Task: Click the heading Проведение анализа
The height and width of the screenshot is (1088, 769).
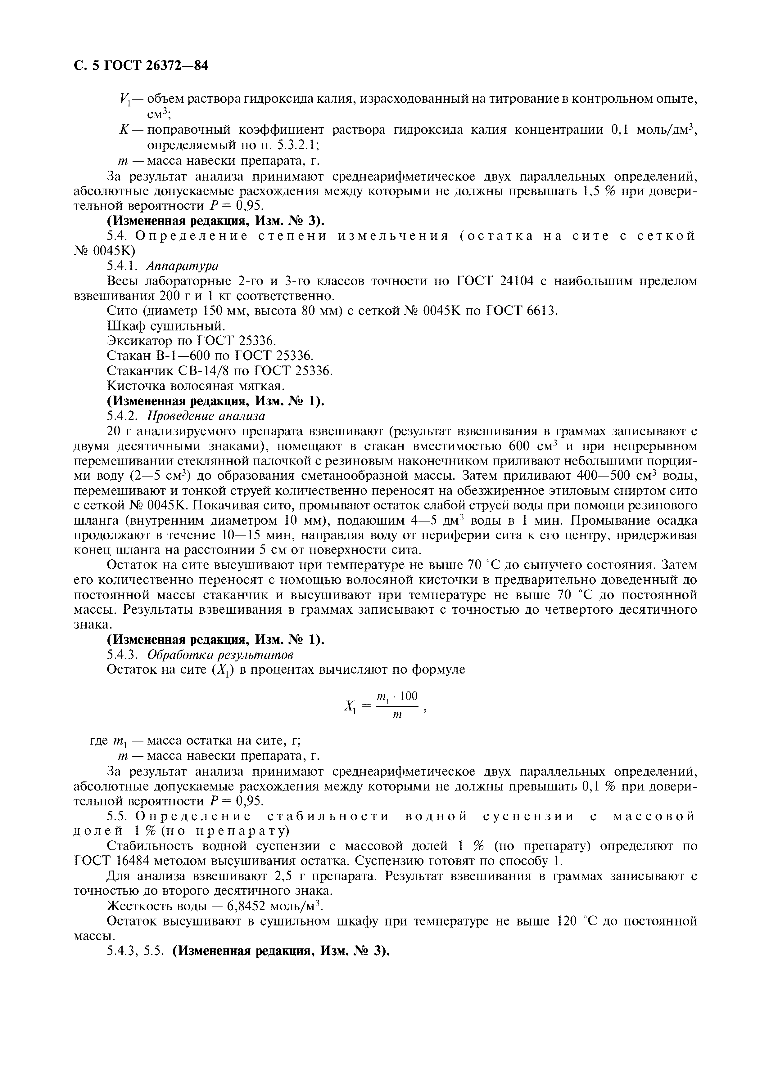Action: (206, 416)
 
